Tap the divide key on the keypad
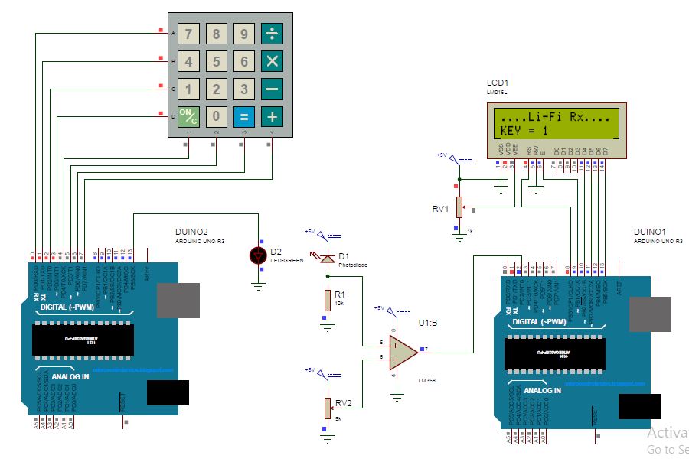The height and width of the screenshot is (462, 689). pyautogui.click(x=272, y=34)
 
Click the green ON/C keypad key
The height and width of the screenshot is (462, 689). pyautogui.click(x=188, y=117)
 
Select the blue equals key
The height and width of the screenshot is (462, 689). pyautogui.click(x=244, y=117)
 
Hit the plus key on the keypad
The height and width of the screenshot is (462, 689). pyautogui.click(x=272, y=117)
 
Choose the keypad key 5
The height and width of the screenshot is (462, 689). pyautogui.click(x=217, y=62)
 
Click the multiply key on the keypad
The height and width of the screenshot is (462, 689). pyautogui.click(x=272, y=62)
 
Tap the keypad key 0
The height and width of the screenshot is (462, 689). pyautogui.click(x=217, y=117)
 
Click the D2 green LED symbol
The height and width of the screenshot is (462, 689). pyautogui.click(x=260, y=255)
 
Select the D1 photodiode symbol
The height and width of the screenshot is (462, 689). pyautogui.click(x=328, y=259)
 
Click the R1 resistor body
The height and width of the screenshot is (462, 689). pyautogui.click(x=328, y=301)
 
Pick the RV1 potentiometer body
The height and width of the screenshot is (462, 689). pyautogui.click(x=459, y=207)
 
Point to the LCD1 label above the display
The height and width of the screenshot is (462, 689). pyautogui.click(x=498, y=83)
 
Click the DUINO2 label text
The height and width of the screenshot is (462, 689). pyautogui.click(x=192, y=231)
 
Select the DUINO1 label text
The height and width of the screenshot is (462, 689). pyautogui.click(x=651, y=231)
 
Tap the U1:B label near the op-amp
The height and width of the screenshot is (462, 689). pyautogui.click(x=427, y=324)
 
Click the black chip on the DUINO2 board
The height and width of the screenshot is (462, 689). pyautogui.click(x=83, y=340)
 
